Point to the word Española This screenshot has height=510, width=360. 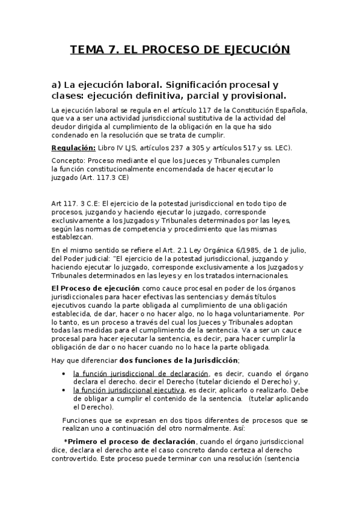click(291, 110)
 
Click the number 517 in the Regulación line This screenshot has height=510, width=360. click(235, 147)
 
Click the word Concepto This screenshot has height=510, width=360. click(68, 161)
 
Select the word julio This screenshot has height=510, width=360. click(297, 250)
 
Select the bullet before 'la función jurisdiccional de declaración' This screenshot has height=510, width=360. click(66, 373)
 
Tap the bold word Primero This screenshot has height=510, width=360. click(84, 442)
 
